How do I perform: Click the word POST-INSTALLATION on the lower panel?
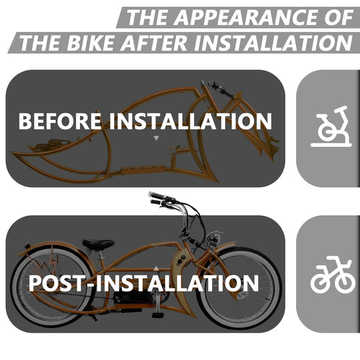pyautogui.click(x=143, y=283)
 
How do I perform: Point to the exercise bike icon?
pyautogui.click(x=330, y=127)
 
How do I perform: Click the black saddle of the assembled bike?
pyautogui.click(x=98, y=244)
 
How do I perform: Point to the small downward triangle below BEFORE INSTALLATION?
pyautogui.click(x=156, y=139)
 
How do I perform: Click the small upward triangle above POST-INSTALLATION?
pyautogui.click(x=156, y=267)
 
